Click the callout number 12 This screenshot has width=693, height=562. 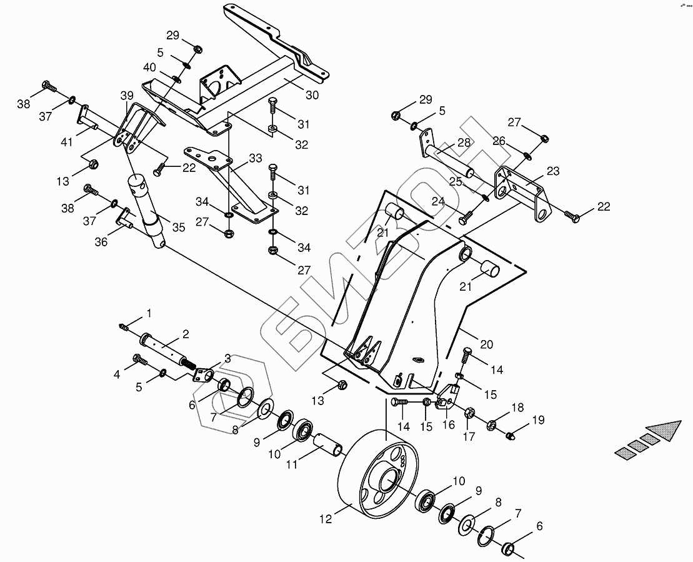tap(326, 519)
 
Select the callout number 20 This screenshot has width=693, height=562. tap(486, 344)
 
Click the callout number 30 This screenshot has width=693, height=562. tap(312, 95)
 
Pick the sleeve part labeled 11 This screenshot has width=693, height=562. tap(327, 443)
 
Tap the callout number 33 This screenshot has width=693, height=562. tap(256, 158)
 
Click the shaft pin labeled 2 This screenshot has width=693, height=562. tap(168, 350)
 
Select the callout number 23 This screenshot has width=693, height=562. tap(553, 171)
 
